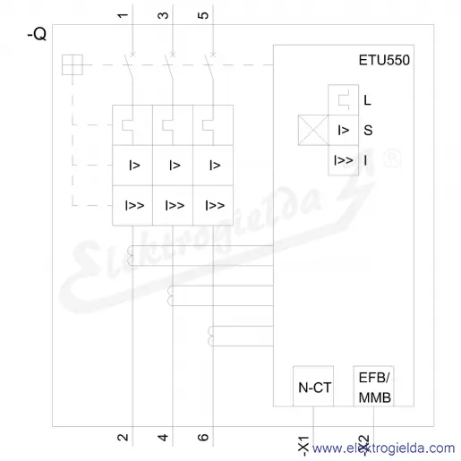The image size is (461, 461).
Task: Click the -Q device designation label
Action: click(37, 34)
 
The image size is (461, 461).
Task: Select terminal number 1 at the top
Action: click(123, 15)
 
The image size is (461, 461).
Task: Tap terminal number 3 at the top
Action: click(163, 15)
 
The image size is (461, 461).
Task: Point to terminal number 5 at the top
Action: click(203, 15)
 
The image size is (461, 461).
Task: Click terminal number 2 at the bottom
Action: click(123, 438)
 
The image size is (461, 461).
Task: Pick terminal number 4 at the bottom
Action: click(163, 438)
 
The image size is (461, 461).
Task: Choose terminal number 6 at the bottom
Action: click(203, 438)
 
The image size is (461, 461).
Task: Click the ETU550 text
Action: click(384, 60)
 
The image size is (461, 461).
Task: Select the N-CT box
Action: click(313, 386)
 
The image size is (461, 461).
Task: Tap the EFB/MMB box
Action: click(374, 386)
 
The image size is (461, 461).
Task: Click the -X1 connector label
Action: click(303, 447)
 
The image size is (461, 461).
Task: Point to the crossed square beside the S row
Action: click(313, 130)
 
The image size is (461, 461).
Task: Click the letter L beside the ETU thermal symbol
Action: click(367, 100)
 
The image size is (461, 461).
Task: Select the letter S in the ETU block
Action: click(368, 131)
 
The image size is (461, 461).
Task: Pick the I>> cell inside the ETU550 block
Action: click(343, 160)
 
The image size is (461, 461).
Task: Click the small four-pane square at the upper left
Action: click(73, 64)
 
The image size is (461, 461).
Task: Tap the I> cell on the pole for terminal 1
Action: click(132, 166)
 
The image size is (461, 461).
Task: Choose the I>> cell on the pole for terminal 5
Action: click(213, 206)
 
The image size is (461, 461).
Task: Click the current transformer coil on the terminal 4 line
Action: click(170, 295)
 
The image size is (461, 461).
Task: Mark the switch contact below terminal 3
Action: click(169, 67)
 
